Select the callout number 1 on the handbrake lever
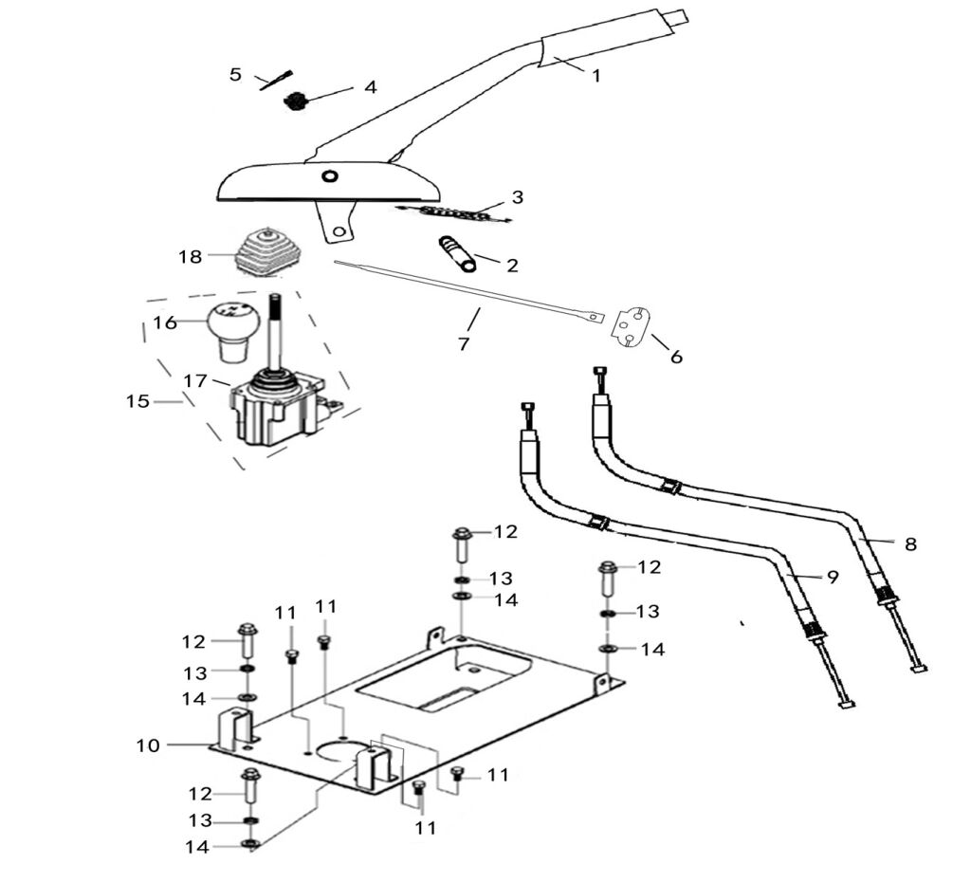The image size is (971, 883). pos(595,76)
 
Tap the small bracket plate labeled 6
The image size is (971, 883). pos(633,328)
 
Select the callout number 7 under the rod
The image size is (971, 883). pos(464,343)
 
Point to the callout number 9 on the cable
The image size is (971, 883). pos(832,577)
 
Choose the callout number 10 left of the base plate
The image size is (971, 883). pos(148,745)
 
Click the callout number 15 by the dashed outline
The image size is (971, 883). pos(138,401)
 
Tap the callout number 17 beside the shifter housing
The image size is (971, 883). pos(195,380)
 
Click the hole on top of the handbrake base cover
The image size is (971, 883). pos(329,176)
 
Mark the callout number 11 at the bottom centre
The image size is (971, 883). pos(426,828)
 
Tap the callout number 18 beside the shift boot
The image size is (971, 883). pos(190,256)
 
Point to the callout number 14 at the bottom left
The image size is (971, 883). pos(196,846)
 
